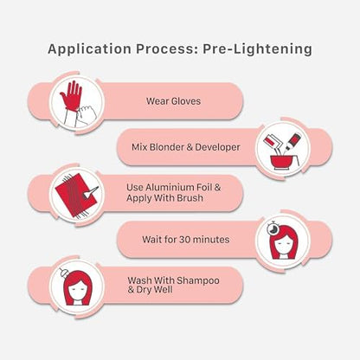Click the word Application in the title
[89, 49]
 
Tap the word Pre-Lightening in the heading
[257, 49]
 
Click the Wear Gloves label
[173, 101]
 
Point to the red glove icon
[71, 96]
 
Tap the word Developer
[217, 147]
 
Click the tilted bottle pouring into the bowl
[292, 141]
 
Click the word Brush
[190, 198]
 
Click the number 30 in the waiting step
[184, 240]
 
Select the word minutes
[211, 240]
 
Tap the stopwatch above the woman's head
[272, 228]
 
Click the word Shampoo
[198, 280]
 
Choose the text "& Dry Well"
[150, 290]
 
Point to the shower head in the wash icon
[63, 273]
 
